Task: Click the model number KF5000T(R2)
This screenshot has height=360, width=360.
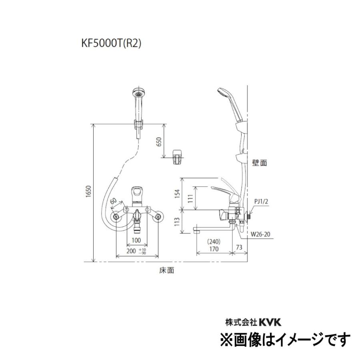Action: coord(112,43)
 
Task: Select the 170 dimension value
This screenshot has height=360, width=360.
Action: coord(214,248)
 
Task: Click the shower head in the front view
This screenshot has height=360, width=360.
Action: coord(138,96)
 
